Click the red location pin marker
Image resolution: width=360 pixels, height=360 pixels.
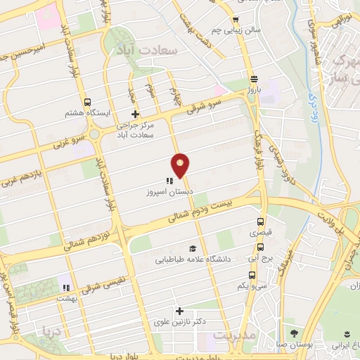(181, 165)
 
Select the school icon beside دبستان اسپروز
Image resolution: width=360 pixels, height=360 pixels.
(169, 181)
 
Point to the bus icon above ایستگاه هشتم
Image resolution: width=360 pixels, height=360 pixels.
(87, 102)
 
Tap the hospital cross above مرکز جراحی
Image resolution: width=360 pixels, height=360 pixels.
(136, 114)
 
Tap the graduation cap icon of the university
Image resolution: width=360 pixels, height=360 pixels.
(192, 248)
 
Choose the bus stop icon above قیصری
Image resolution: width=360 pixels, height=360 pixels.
(261, 219)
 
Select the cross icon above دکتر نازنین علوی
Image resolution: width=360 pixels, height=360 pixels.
(179, 311)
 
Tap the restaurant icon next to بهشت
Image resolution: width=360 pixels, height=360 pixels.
(65, 288)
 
